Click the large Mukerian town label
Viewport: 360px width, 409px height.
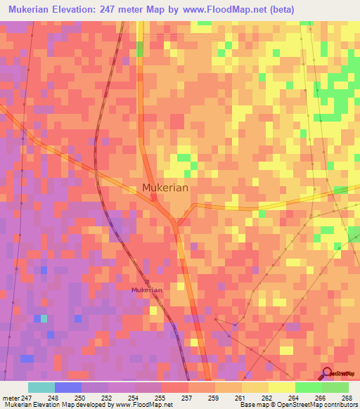(166, 188)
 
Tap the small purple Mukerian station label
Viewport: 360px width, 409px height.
(147, 290)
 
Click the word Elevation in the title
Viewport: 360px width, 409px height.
(93, 9)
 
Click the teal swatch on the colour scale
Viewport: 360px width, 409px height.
(41, 387)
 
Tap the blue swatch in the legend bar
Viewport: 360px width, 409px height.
(67, 387)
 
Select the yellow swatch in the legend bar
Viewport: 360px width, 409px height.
(281, 387)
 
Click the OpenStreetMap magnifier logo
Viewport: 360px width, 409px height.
(326, 373)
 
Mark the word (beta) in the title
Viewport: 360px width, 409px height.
(281, 9)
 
